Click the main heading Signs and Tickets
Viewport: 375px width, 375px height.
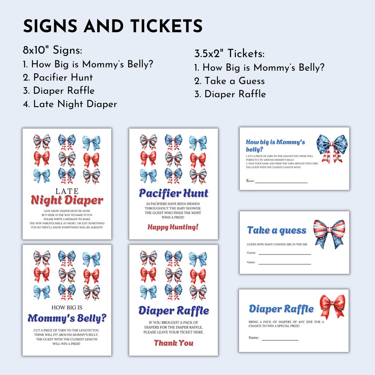tap(113, 26)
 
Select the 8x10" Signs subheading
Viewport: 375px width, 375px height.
tap(52, 51)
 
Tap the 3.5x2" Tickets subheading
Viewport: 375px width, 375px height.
tap(229, 54)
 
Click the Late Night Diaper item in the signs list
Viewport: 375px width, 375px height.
tap(70, 104)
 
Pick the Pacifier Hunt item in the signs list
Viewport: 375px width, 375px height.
tap(58, 78)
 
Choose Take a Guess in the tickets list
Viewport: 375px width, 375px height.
tap(230, 81)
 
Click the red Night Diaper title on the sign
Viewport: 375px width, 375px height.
tap(67, 200)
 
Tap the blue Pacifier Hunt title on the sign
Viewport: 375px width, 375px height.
tap(174, 193)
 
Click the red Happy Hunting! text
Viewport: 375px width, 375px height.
tap(173, 227)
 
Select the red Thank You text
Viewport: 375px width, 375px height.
tap(173, 343)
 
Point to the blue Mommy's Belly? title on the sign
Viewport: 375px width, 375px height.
tap(67, 318)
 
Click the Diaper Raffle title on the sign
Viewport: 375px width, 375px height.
tap(174, 311)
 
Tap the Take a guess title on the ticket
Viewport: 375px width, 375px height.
tap(276, 230)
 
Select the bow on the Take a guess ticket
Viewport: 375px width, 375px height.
tap(329, 233)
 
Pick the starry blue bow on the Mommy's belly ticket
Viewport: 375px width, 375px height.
tap(332, 148)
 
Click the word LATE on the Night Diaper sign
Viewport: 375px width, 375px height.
tap(67, 191)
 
